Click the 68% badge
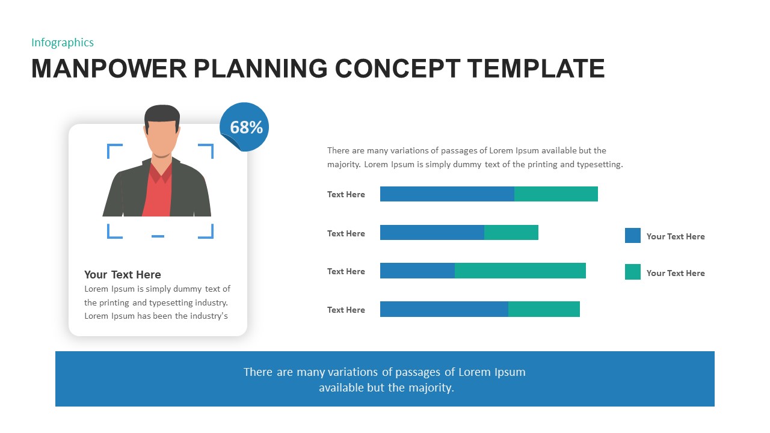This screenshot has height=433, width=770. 245,127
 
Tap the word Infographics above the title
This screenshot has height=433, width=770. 63,42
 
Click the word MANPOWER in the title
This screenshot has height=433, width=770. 109,69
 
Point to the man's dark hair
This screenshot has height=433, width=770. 162,113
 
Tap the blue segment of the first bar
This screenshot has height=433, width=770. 447,194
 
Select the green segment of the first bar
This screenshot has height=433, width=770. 556,194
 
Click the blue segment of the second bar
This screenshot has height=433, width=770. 432,232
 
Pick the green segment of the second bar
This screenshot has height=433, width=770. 511,232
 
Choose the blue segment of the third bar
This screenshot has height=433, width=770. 417,271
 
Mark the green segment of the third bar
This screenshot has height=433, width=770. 520,271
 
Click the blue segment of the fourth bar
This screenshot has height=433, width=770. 444,309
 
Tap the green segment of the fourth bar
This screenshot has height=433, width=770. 544,309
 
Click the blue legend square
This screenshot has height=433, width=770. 633,236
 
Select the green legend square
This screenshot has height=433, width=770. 633,272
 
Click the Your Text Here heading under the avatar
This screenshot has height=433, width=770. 123,274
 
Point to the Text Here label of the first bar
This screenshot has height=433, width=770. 346,194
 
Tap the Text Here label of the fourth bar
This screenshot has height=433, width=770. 346,310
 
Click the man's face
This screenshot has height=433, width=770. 162,138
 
